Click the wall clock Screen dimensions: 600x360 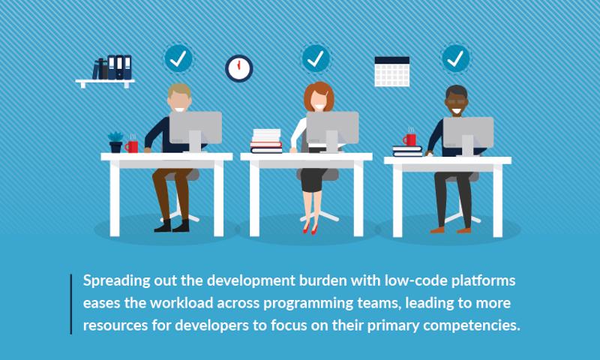click(238, 68)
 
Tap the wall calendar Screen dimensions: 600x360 click(391, 71)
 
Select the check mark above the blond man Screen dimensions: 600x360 click(178, 58)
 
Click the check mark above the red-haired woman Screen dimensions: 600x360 click(316, 58)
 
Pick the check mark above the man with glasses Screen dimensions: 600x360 click(455, 58)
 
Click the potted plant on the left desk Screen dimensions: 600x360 click(115, 142)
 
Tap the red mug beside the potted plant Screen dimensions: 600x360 click(132, 146)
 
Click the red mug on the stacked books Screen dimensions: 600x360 click(409, 139)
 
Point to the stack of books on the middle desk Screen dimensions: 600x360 click(266, 141)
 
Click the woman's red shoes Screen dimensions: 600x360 click(310, 229)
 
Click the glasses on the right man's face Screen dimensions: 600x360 click(456, 102)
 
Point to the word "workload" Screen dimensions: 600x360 click(181, 303)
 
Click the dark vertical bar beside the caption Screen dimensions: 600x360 click(70, 304)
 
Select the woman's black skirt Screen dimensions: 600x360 click(313, 179)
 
